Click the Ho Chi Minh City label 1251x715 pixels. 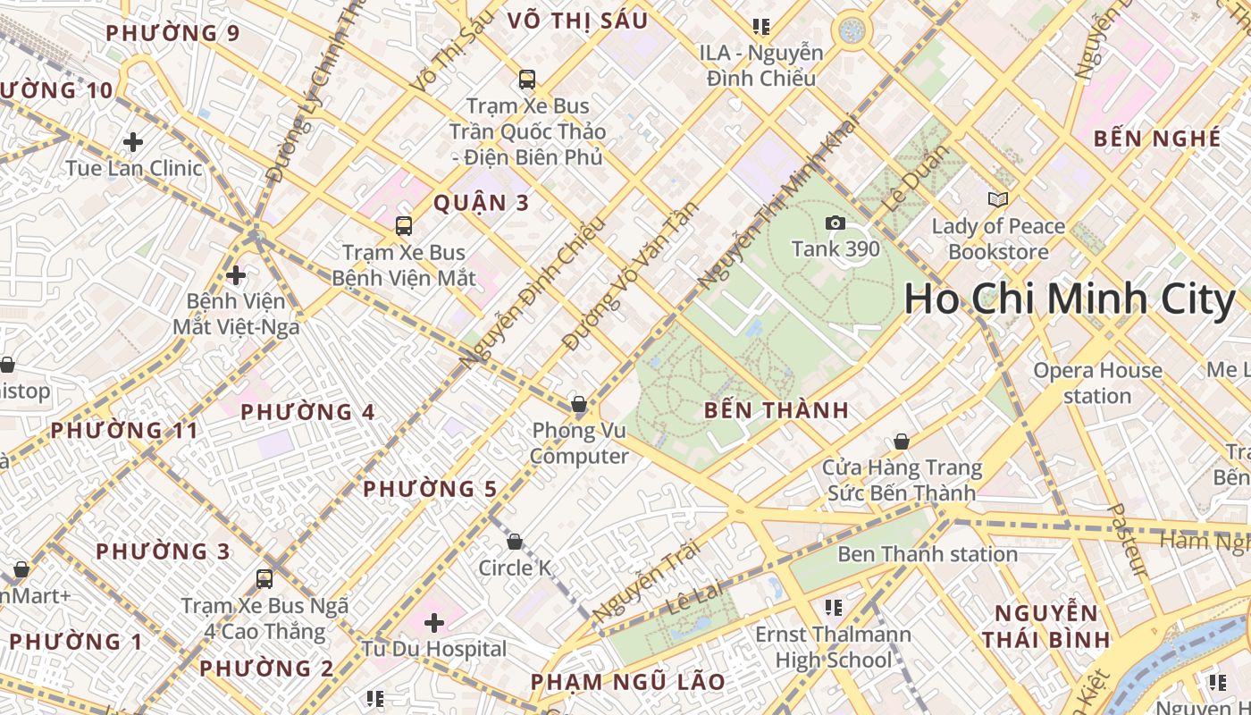[1069, 299]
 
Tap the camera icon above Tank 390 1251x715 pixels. [835, 223]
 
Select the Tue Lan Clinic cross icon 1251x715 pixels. [133, 141]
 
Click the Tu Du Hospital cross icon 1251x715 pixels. [434, 622]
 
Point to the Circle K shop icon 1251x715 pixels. [515, 542]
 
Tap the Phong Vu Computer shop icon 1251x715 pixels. [579, 404]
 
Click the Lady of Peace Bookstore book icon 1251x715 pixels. [998, 199]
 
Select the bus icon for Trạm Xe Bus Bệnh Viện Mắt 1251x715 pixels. [404, 225]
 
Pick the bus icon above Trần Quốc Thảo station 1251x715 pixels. [527, 79]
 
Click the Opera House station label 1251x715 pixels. [1097, 383]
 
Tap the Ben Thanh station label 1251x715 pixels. [928, 554]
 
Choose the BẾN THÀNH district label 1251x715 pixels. [776, 411]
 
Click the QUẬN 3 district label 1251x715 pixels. [482, 203]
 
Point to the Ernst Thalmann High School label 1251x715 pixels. [834, 647]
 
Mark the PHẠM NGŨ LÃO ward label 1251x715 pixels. [628, 682]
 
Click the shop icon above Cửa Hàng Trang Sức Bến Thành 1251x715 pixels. [902, 442]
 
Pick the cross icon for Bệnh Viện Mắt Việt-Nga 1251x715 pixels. [236, 274]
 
